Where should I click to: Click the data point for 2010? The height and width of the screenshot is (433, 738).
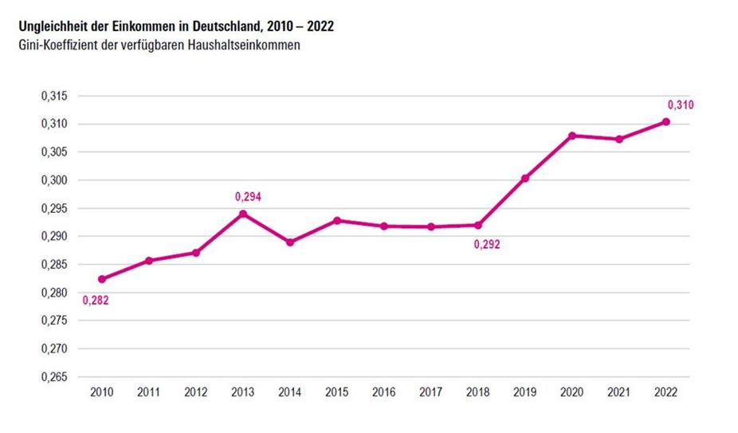point(102,279)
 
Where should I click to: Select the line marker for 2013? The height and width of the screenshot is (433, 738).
point(243,214)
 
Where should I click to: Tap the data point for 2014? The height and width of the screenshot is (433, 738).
point(290,242)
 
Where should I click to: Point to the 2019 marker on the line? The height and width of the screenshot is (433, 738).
point(525,179)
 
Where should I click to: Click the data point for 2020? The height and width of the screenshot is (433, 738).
point(572,136)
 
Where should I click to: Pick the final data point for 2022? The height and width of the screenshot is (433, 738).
point(666,122)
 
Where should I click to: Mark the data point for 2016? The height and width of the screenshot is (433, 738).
point(384,226)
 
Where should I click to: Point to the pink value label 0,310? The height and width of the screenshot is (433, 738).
point(680,104)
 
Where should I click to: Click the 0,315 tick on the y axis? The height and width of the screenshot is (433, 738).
point(55,96)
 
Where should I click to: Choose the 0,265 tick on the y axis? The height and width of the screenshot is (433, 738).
point(55,377)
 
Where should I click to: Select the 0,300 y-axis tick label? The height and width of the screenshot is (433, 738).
point(55,181)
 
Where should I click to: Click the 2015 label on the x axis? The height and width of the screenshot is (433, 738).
point(337,393)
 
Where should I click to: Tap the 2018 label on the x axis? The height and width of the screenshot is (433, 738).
point(478,393)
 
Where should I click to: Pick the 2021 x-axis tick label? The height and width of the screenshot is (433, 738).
point(619,393)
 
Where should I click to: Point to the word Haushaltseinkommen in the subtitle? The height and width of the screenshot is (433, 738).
point(252,45)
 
